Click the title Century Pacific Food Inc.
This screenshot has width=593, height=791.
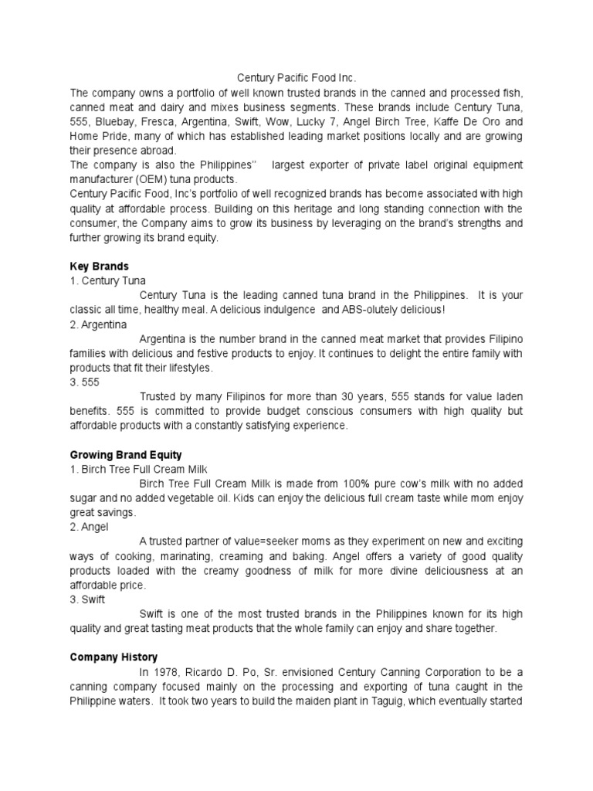click(297, 78)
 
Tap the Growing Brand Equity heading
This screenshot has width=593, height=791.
click(126, 454)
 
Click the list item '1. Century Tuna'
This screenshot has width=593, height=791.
click(107, 281)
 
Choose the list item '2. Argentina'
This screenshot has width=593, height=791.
click(98, 324)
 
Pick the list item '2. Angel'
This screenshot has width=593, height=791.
click(90, 527)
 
